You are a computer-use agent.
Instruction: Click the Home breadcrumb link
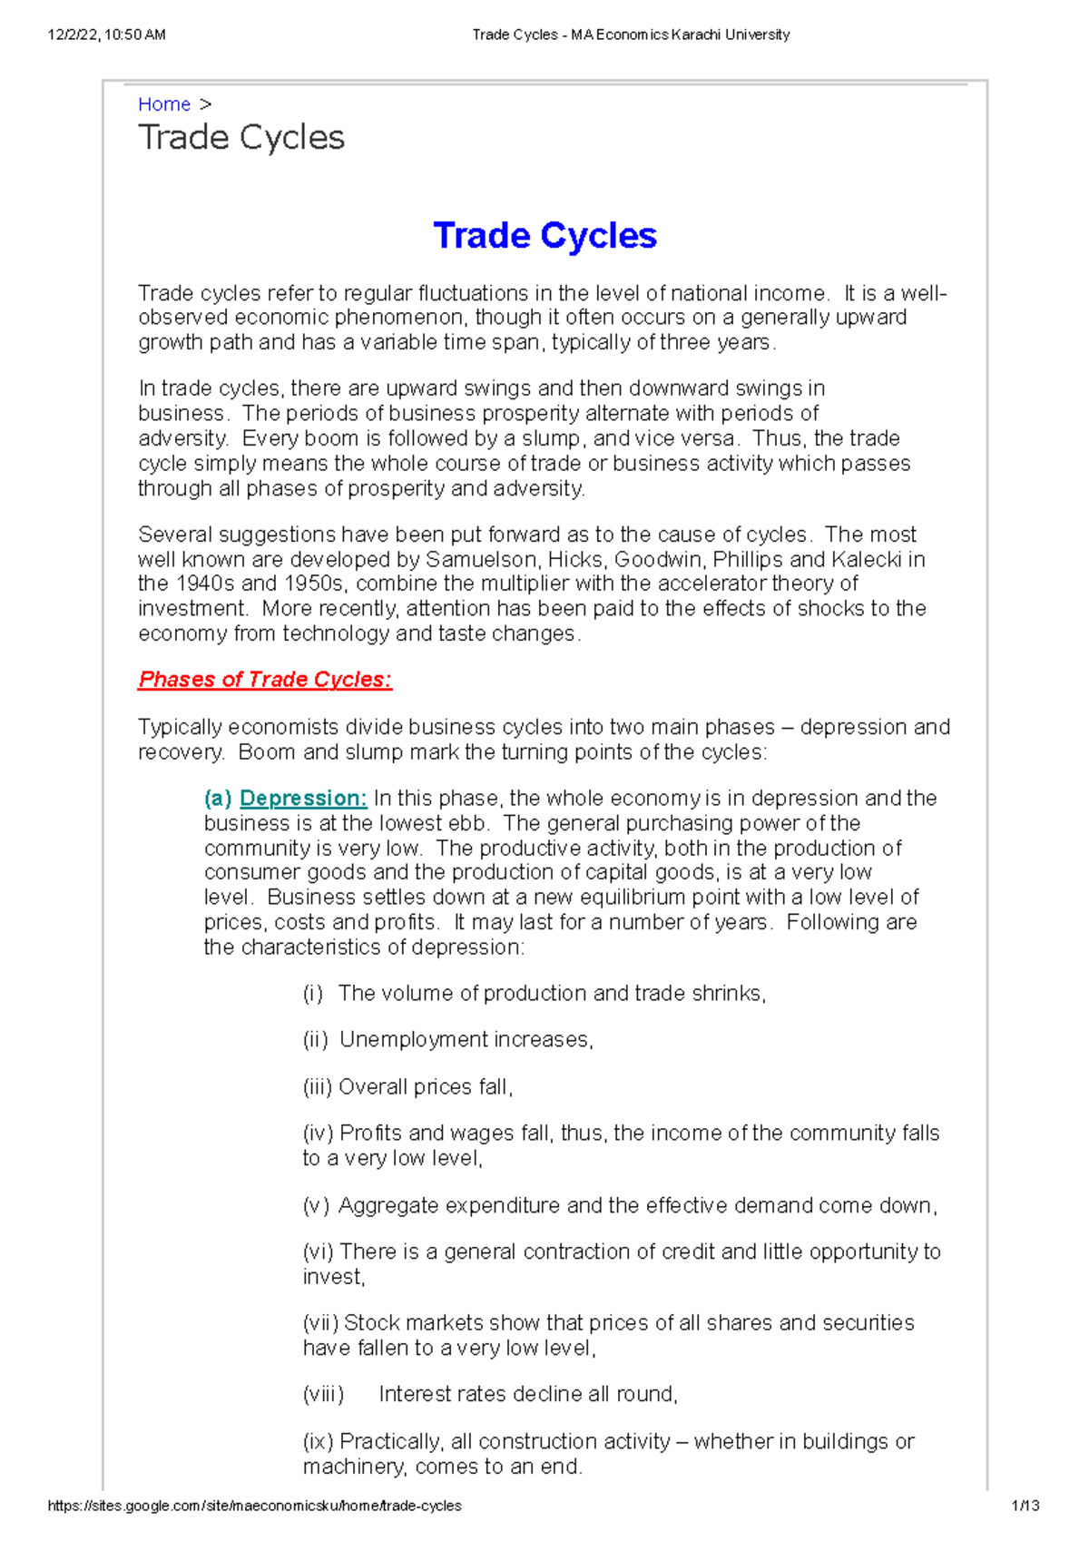[x=164, y=104]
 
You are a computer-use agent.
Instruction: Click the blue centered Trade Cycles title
[x=544, y=236]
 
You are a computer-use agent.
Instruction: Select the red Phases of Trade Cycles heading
[x=264, y=680]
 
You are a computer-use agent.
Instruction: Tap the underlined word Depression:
[x=303, y=799]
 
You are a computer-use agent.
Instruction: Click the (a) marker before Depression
[x=218, y=799]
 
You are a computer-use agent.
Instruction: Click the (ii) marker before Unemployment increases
[x=315, y=1040]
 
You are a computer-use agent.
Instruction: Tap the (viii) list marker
[x=323, y=1395]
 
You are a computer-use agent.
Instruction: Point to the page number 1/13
[x=1025, y=1506]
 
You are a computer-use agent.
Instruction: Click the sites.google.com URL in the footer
[x=254, y=1506]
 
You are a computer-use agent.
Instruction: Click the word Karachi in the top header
[x=703, y=34]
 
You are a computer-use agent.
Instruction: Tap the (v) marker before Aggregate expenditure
[x=315, y=1206]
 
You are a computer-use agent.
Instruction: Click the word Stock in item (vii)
[x=368, y=1323]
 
